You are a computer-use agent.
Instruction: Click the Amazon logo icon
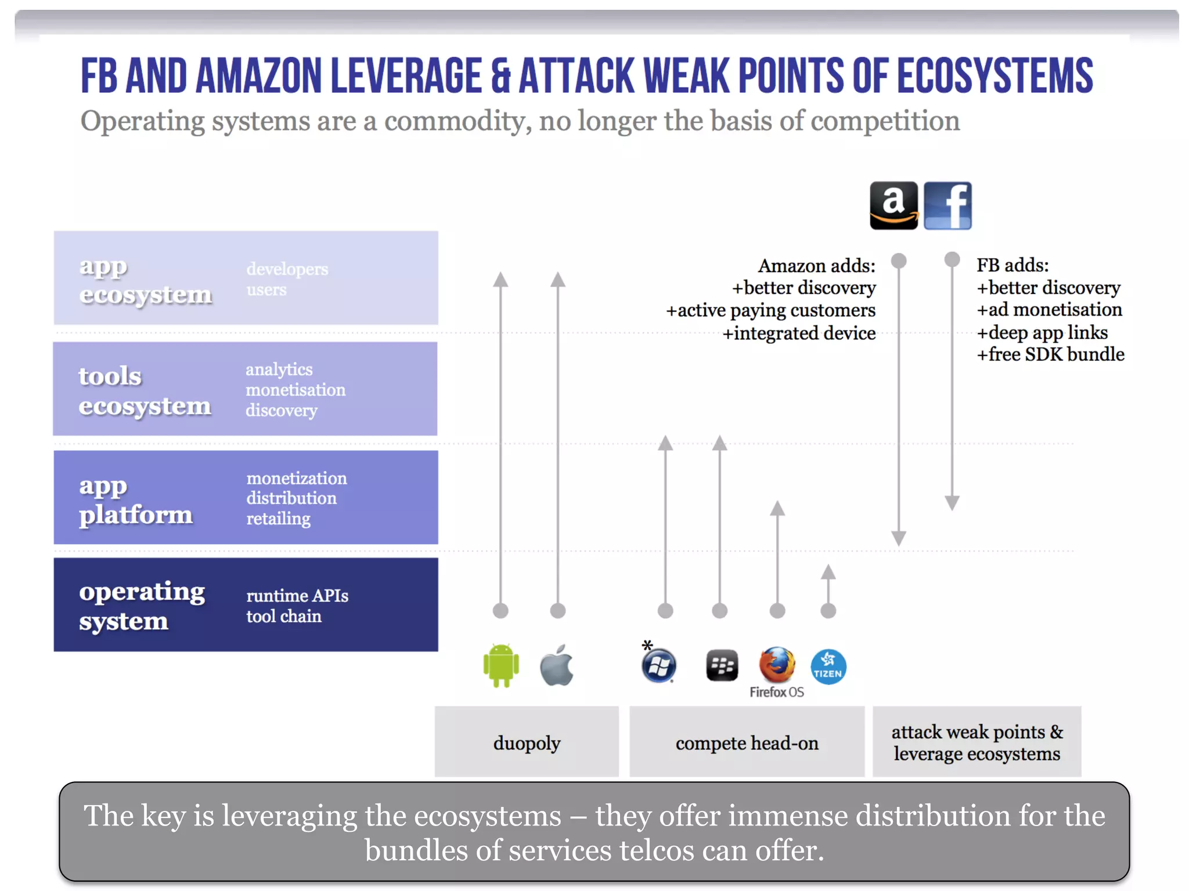coord(893,206)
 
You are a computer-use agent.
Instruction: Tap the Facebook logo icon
coord(947,206)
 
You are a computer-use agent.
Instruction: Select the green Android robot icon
coord(501,665)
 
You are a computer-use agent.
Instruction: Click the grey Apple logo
coord(557,665)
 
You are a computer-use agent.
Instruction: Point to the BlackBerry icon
coord(722,665)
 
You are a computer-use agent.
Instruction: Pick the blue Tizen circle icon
coord(828,667)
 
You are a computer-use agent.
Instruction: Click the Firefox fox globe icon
coord(777,665)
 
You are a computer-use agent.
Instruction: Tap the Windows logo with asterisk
coord(658,665)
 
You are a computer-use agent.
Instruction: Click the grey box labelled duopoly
coord(527,742)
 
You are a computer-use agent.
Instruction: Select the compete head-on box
coord(747,742)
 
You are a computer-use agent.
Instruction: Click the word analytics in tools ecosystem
coord(279,370)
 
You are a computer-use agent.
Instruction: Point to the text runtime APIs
coord(297,596)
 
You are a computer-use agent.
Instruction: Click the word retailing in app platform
coord(278,518)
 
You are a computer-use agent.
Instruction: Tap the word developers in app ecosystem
coord(287,269)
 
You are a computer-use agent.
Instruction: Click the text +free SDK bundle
coord(1050,354)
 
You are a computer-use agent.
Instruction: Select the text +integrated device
coord(798,334)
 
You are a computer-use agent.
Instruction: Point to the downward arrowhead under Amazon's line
coord(899,538)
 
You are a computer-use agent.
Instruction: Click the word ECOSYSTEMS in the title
coord(995,76)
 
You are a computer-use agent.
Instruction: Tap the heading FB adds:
coord(1012,265)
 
